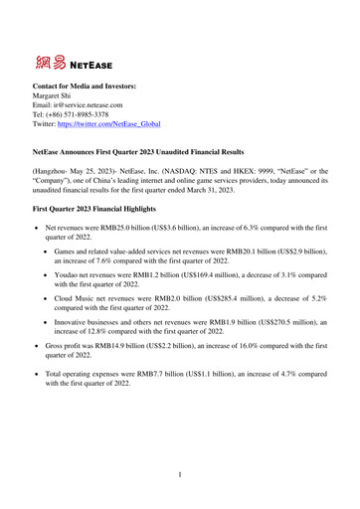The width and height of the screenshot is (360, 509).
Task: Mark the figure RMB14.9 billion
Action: [x=136, y=380]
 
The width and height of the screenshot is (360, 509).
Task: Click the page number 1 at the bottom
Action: [x=180, y=475]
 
